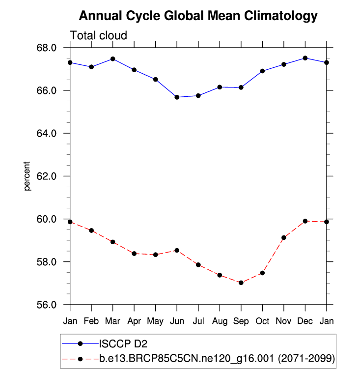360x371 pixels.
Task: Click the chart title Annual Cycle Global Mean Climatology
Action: coord(198,16)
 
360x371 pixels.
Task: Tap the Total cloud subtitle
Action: coord(99,35)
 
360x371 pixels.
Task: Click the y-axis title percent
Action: coord(28,176)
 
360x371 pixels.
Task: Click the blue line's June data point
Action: coord(177,97)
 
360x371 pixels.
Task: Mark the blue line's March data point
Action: coord(113,59)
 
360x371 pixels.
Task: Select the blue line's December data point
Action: coord(305,58)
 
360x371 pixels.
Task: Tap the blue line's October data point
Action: coord(262,71)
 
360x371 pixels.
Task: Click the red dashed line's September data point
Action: coord(241,283)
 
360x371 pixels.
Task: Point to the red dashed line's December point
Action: coord(305,221)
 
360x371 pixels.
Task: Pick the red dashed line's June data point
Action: coord(177,250)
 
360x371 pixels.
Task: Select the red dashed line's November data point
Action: coord(284,237)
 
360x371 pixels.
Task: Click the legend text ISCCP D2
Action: coord(123,344)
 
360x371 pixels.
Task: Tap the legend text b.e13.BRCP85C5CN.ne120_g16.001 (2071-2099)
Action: coord(217,359)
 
